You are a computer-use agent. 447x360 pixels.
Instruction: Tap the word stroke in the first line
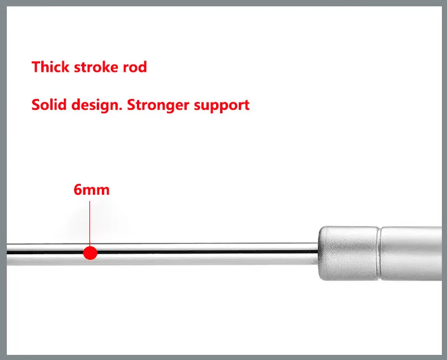[96, 67]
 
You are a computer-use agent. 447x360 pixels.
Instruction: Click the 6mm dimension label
[91, 189]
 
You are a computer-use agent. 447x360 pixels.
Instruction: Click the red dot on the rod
[90, 252]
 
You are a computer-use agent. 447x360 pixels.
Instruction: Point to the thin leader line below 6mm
[90, 221]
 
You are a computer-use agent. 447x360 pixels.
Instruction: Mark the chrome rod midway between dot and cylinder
[204, 252]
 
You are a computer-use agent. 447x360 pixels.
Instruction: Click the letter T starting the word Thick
[36, 67]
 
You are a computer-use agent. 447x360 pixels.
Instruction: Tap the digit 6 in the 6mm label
[78, 189]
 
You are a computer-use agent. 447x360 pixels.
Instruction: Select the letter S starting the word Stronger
[131, 105]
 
